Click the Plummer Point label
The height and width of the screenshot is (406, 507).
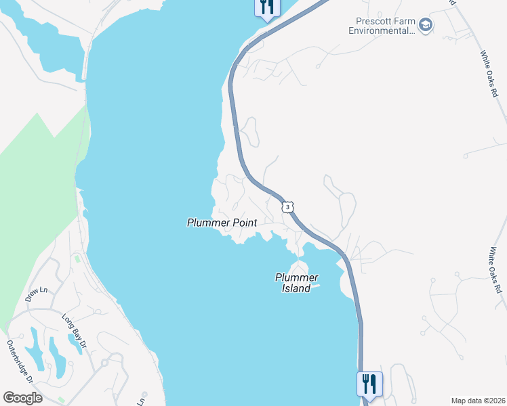coord(222,222)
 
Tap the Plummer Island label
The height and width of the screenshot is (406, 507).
coord(296,283)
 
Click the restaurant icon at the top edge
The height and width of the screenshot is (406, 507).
coord(266,7)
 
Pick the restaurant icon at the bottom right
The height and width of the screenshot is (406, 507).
coord(369,384)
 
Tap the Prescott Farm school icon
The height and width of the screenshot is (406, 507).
coord(426,26)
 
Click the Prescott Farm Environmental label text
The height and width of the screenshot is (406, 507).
coord(382,26)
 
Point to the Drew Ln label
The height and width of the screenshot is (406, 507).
coord(37,294)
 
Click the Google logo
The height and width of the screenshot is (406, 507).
coord(22,397)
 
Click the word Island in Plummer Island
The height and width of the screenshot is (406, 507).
coord(296,288)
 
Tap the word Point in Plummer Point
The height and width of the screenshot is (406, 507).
coord(243,222)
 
